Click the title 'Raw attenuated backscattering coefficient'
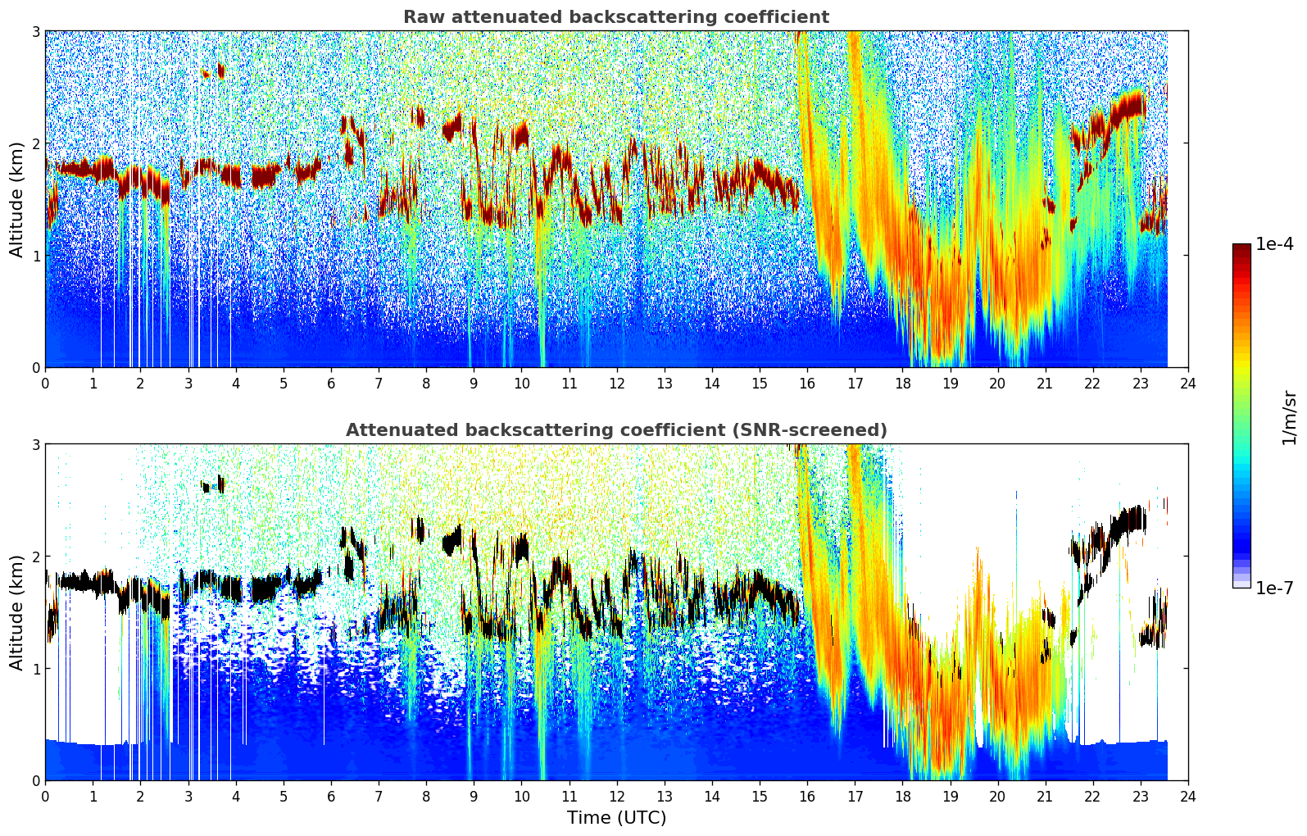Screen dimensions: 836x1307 (x=615, y=17)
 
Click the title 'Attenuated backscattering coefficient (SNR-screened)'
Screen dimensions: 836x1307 (x=615, y=430)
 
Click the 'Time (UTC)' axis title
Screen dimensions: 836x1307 (x=616, y=818)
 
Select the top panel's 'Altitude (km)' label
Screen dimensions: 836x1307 (x=16, y=199)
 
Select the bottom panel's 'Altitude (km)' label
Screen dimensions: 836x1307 (x=16, y=612)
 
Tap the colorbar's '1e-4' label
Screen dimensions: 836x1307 (x=1275, y=244)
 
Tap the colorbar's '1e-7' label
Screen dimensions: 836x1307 (x=1275, y=588)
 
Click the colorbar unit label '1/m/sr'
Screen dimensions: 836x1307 (x=1289, y=417)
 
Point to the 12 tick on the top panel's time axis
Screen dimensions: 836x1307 (x=616, y=383)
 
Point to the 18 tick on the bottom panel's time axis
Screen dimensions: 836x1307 (x=902, y=796)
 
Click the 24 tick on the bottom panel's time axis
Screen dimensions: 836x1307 (x=1188, y=796)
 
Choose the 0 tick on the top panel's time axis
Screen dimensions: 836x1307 (x=45, y=383)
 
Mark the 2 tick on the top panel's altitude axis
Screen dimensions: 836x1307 (x=35, y=143)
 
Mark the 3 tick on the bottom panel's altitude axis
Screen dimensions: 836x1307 (x=35, y=444)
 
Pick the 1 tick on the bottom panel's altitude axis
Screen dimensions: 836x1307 (x=35, y=668)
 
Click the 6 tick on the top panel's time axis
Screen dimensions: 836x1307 (x=331, y=383)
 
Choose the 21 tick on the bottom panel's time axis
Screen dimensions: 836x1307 (x=1045, y=796)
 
